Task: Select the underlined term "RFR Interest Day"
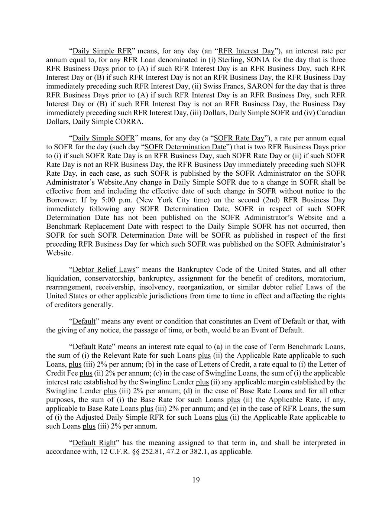point(246,51)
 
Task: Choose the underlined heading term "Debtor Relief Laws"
point(104,270)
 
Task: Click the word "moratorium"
point(329,278)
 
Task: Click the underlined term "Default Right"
point(94,443)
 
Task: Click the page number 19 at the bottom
point(196,480)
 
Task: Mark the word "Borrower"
point(61,200)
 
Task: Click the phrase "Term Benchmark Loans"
point(309,347)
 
